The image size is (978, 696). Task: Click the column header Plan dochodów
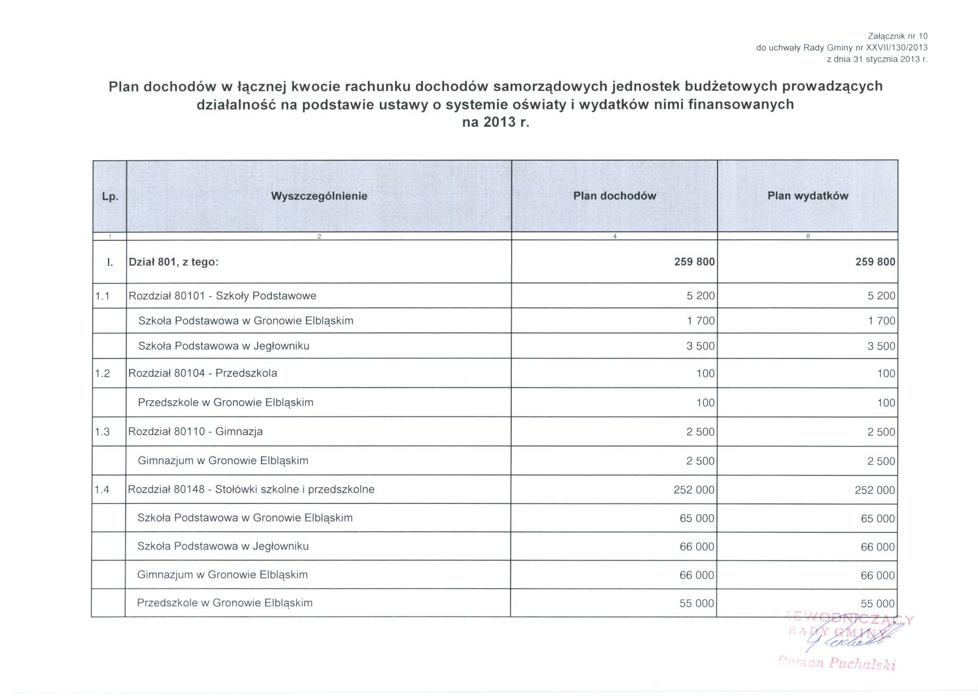pos(614,196)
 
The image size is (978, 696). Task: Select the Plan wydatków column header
pos(807,196)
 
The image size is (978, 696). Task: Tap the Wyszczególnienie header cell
pos(319,196)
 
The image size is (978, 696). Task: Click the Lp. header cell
pos(110,197)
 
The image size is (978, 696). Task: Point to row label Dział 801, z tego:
pos(174,262)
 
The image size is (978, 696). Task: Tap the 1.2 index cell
pos(102,373)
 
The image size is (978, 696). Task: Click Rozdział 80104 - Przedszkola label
pos(203,373)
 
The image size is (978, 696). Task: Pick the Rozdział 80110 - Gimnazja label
pos(196,432)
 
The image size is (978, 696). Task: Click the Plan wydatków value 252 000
pos(875,490)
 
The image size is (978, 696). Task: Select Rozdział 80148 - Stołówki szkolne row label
pos(251,490)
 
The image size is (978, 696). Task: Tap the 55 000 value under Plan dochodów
pos(697,603)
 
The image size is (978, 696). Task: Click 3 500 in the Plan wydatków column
pos(881,346)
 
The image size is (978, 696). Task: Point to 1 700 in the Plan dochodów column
pos(701,321)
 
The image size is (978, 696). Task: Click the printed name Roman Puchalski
pos(837,664)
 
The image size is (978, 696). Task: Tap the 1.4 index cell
pos(102,490)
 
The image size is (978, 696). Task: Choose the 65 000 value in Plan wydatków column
pos(877,519)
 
